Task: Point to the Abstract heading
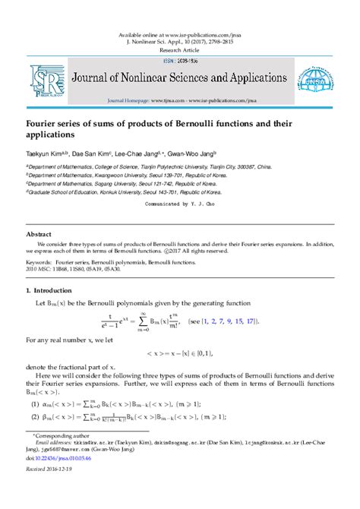(39, 235)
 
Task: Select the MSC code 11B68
(69, 268)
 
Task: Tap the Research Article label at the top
(179, 49)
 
